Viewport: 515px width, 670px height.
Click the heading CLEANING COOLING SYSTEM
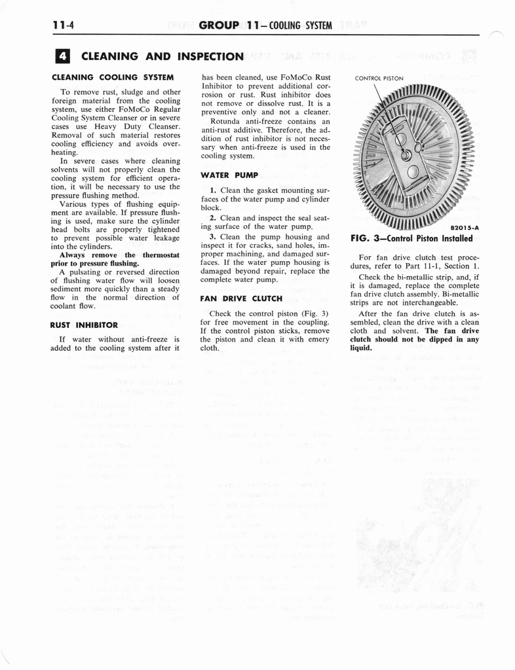(112, 77)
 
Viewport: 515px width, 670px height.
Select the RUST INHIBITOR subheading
(83, 325)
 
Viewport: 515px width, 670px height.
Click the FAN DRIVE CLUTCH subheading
(241, 298)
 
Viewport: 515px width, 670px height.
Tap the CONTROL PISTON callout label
(379, 79)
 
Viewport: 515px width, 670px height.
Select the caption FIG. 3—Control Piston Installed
(411, 239)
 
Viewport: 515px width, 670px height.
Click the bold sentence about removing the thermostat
(115, 259)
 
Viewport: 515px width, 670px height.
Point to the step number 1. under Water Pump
(213, 190)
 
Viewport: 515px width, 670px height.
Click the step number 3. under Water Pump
(213, 236)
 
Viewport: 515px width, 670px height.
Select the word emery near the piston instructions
(316, 340)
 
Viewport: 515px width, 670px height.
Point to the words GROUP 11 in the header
(229, 26)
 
